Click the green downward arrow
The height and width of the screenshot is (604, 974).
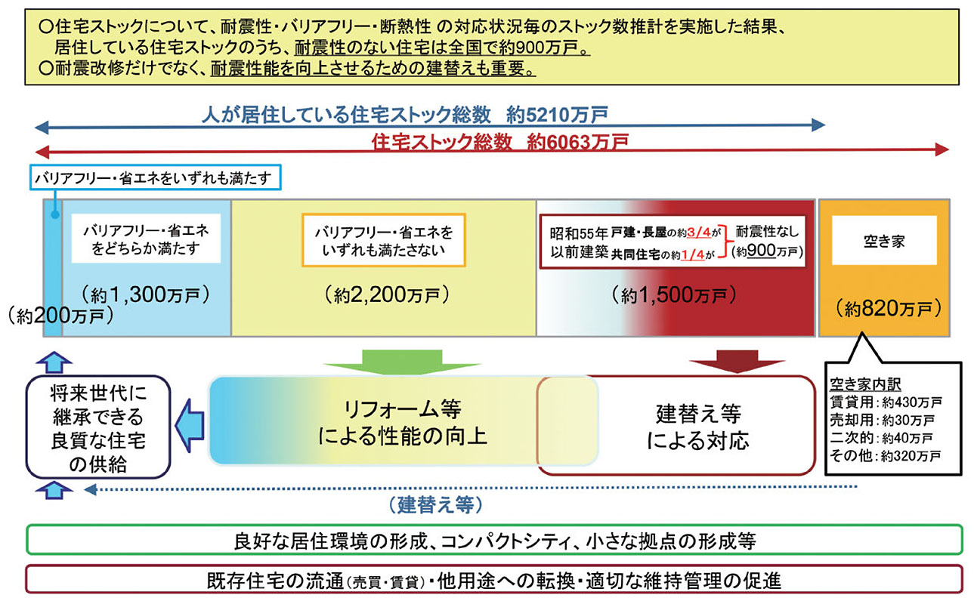pyautogui.click(x=402, y=362)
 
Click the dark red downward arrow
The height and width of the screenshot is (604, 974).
pyautogui.click(x=737, y=362)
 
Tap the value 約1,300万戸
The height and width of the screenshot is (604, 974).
pyautogui.click(x=146, y=294)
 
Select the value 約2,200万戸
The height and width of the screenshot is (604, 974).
pyautogui.click(x=387, y=295)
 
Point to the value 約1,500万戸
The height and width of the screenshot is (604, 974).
pyautogui.click(x=674, y=295)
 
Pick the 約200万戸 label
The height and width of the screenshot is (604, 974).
pyautogui.click(x=60, y=316)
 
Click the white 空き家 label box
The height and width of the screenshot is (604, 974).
pyautogui.click(x=884, y=240)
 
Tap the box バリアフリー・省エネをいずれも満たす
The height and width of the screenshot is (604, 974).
pyautogui.click(x=155, y=177)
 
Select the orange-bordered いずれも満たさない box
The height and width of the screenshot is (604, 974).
pyautogui.click(x=384, y=240)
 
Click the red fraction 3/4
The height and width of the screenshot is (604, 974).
pyautogui.click(x=699, y=233)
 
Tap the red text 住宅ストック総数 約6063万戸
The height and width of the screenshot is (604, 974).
pyautogui.click(x=500, y=142)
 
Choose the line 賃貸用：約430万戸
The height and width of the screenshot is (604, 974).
pyautogui.click(x=886, y=402)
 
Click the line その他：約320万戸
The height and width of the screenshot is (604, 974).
pyautogui.click(x=885, y=456)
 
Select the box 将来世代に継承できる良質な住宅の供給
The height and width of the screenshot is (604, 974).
pyautogui.click(x=98, y=427)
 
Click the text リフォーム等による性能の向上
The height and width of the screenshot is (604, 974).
pyautogui.click(x=402, y=422)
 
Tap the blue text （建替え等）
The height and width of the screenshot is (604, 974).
pyautogui.click(x=435, y=505)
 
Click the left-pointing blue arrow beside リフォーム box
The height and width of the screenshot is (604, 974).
pyautogui.click(x=190, y=426)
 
